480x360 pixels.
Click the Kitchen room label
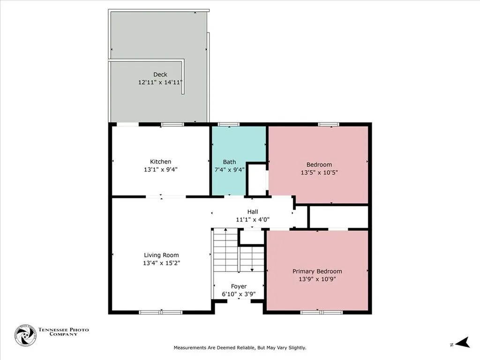[160, 162]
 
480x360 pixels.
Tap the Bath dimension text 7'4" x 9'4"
[229, 170]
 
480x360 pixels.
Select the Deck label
[160, 75]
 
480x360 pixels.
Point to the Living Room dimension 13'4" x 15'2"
[161, 263]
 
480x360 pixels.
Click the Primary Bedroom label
[317, 271]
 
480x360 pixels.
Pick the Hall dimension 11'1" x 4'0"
[253, 219]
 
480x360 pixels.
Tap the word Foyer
[239, 286]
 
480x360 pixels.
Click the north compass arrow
[462, 343]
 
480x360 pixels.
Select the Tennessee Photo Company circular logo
[25, 336]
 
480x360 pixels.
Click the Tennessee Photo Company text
[63, 332]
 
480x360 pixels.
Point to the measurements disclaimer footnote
[240, 348]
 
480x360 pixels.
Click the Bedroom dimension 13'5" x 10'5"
[319, 172]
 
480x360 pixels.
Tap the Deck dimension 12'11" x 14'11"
[160, 82]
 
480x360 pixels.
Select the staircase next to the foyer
[239, 250]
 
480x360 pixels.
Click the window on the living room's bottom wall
[161, 312]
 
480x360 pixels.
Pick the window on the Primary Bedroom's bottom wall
[322, 312]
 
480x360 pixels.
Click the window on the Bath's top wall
[228, 124]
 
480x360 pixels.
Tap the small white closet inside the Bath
[257, 180]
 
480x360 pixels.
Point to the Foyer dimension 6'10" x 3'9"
[239, 294]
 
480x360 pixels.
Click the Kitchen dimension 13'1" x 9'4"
[161, 170]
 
